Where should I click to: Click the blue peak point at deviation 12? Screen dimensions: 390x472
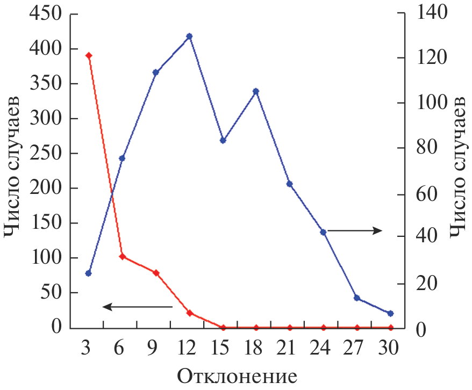(189, 37)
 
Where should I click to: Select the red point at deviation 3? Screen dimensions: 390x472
(89, 56)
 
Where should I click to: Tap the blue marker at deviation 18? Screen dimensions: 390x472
(256, 91)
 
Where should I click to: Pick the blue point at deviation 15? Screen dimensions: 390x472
(223, 140)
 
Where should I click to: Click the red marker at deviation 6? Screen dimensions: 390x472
(122, 257)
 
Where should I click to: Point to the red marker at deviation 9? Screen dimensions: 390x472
(156, 273)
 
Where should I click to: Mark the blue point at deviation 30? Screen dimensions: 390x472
(390, 313)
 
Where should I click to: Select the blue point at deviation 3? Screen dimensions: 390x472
(89, 273)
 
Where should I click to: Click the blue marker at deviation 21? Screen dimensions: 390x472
(289, 184)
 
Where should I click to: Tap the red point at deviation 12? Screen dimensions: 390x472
(189, 313)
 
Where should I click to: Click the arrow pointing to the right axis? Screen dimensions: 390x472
(355, 230)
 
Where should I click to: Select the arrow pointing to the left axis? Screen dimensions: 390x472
(137, 307)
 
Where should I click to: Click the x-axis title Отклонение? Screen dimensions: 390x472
(237, 375)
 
